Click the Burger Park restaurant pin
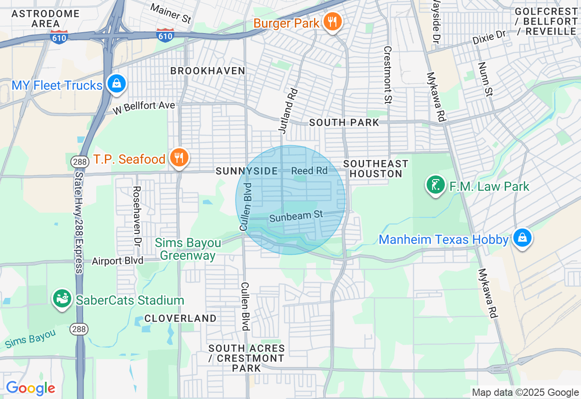tap(333, 21)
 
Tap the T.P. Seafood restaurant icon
tap(179, 158)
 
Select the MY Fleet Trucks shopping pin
tap(117, 83)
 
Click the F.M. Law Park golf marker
tap(436, 185)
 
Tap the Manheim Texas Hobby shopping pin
tap(522, 238)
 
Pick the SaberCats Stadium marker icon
tap(62, 298)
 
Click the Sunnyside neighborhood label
tap(246, 171)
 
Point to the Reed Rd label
tap(309, 170)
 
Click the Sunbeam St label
tap(295, 216)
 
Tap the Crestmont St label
tap(387, 75)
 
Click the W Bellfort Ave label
tap(144, 107)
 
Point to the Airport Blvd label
tap(118, 261)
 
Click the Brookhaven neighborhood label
tap(208, 71)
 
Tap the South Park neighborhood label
tap(344, 122)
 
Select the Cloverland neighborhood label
tap(181, 318)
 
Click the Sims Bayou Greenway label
tap(188, 249)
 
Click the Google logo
tap(30, 388)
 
